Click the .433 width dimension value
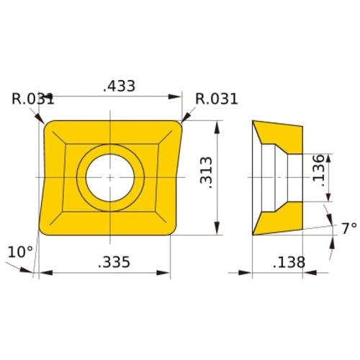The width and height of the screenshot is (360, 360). (x=120, y=86)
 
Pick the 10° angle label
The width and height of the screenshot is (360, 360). (x=20, y=251)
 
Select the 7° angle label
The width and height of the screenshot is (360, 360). (x=348, y=229)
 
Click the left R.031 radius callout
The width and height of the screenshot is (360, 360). (x=33, y=99)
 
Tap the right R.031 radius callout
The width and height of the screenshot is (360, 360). (x=216, y=99)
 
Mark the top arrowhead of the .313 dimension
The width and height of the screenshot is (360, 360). (x=217, y=125)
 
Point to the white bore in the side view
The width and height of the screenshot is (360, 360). (x=276, y=177)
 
